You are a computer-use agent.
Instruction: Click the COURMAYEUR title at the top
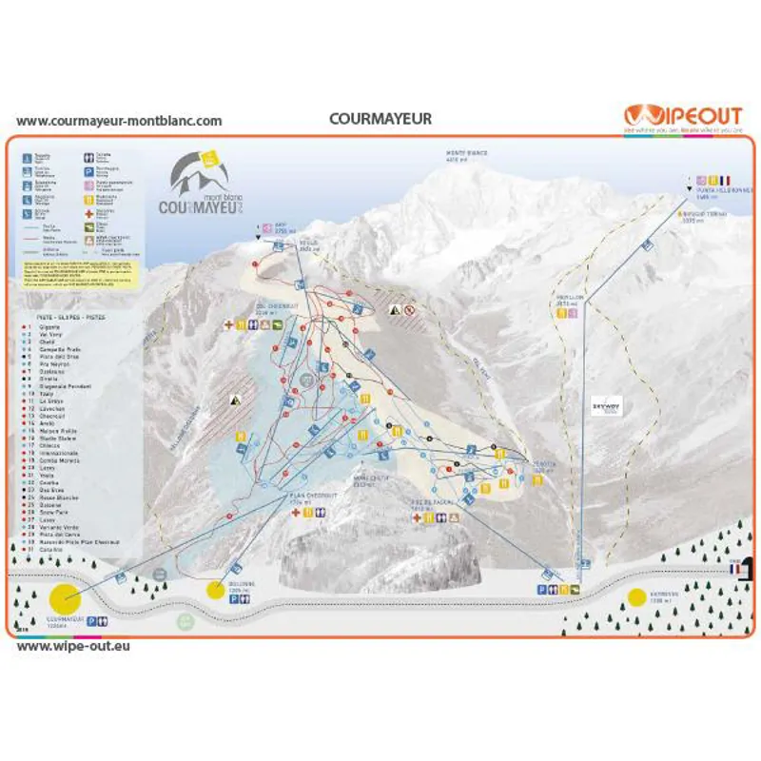pos(380,119)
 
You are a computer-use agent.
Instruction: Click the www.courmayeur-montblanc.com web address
pos(119,121)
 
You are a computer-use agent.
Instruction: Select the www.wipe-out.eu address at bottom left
pos(73,645)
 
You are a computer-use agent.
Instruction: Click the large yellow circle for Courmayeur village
pos(64,599)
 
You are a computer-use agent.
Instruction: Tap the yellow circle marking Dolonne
pos(216,590)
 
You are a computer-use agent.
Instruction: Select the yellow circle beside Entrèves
pos(635,598)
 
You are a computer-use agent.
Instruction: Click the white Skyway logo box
pos(606,403)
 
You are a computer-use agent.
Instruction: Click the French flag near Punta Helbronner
pos(725,179)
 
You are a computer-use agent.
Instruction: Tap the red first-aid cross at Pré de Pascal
pos(417,517)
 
